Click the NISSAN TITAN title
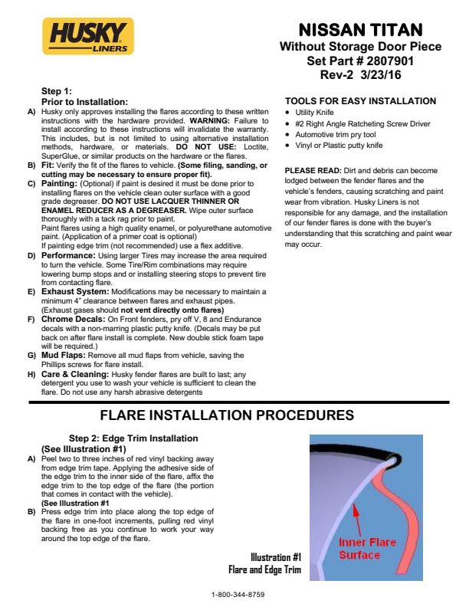(360, 31)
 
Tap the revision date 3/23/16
(381, 74)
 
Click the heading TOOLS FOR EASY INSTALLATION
(360, 101)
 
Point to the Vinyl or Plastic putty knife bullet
(339, 144)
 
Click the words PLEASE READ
(310, 169)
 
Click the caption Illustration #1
(276, 557)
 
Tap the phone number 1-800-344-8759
(238, 595)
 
